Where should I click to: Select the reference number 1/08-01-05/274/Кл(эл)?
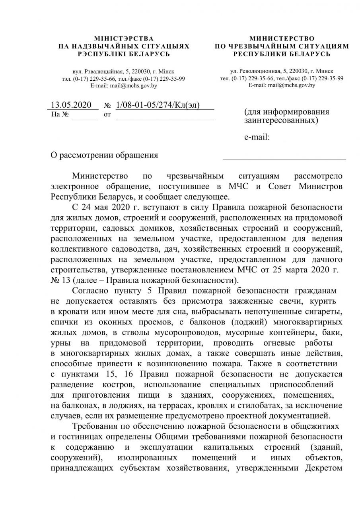click(158, 105)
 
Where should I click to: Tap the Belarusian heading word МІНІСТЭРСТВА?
click(124, 39)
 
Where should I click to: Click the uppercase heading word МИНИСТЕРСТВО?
click(282, 39)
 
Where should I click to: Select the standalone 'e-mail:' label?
click(257, 137)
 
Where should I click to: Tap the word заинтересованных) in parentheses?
click(281, 120)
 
